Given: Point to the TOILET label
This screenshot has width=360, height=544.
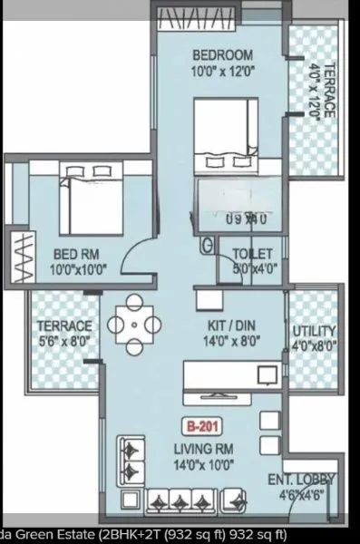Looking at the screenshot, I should [x=255, y=254].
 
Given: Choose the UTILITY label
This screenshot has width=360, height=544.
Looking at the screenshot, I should [x=314, y=330].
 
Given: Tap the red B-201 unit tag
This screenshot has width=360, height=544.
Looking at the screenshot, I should [x=206, y=423].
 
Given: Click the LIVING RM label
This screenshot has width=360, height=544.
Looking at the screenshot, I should [x=206, y=446].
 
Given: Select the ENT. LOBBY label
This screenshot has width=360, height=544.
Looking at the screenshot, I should [x=300, y=480].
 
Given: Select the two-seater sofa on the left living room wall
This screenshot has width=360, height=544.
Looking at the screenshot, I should [x=131, y=460].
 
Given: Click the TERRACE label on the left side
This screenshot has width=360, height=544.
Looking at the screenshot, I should [x=63, y=325].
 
